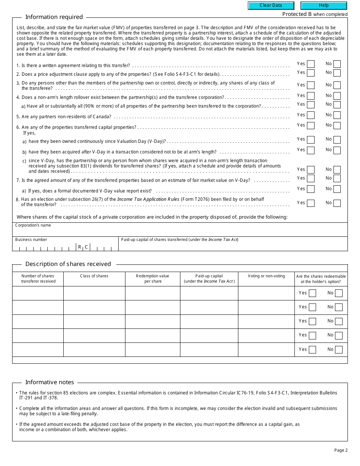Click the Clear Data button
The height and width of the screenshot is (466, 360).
[x=271, y=6]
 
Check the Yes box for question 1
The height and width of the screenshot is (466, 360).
[x=311, y=64]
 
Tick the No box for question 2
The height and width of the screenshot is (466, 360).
[x=337, y=73]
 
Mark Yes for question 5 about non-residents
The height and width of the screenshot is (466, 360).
[x=311, y=115]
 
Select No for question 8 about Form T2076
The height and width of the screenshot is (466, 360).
[x=337, y=203]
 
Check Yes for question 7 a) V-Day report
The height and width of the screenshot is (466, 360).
[x=311, y=189]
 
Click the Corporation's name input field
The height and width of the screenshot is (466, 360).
[x=180, y=231]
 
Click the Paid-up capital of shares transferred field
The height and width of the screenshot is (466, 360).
[x=233, y=246]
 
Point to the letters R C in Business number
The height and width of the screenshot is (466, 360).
[x=83, y=247]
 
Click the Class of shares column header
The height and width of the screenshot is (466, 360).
[x=94, y=276]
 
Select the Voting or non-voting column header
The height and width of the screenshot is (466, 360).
[x=266, y=276]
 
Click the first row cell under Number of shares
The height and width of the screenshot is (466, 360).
[x=38, y=293]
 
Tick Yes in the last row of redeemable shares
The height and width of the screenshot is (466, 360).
[x=312, y=350]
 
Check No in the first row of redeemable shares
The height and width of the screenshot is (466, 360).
[x=338, y=293]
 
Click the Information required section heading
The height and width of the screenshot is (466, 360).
[x=54, y=17]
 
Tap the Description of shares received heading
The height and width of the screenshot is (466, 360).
[x=68, y=264]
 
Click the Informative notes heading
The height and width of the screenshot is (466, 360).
[x=50, y=382]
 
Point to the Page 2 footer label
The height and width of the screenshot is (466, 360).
[x=341, y=450]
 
